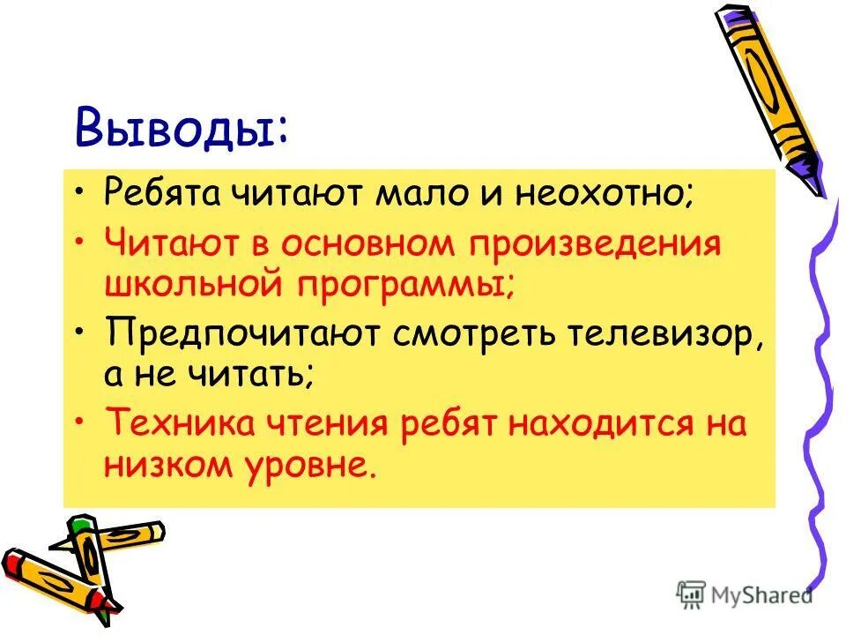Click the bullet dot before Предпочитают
(x=80, y=332)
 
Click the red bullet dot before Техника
(x=80, y=421)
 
